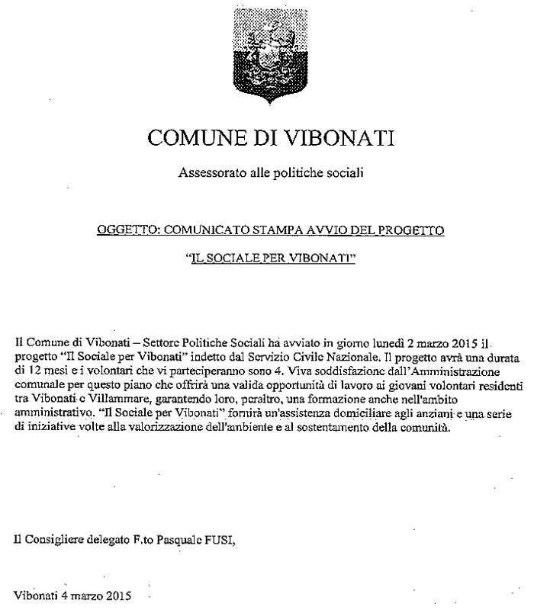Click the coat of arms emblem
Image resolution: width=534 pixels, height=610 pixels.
(x=267, y=56)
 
